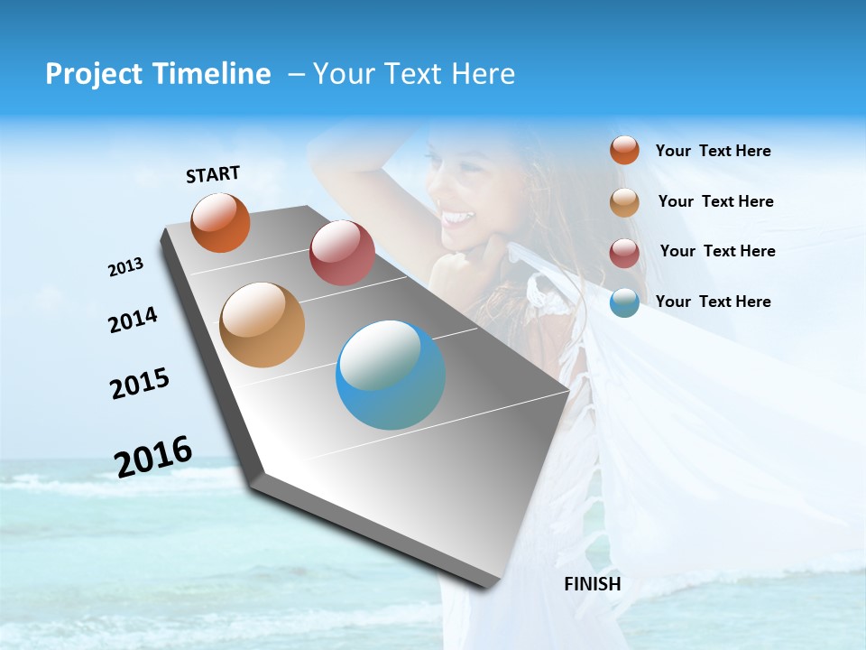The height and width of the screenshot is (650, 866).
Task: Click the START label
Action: (213, 174)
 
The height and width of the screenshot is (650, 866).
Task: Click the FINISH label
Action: (593, 584)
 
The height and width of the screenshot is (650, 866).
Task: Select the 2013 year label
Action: (125, 267)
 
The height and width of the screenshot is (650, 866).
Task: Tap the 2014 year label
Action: (133, 320)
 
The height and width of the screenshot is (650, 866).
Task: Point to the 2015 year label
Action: (140, 384)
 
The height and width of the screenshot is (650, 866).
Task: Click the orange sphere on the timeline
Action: (220, 222)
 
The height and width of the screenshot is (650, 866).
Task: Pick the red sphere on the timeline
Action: (342, 253)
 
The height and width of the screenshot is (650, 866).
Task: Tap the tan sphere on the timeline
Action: (262, 325)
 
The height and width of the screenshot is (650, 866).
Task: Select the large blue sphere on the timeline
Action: (391, 375)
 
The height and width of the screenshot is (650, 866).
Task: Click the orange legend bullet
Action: (624, 150)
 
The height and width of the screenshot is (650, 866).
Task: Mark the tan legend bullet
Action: (624, 201)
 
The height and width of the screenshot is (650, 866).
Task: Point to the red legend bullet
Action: (624, 252)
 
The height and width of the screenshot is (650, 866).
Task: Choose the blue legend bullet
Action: (624, 302)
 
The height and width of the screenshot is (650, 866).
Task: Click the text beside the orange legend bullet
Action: (713, 151)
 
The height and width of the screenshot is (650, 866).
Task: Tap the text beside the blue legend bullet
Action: (713, 302)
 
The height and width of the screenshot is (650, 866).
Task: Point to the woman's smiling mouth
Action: (457, 218)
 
